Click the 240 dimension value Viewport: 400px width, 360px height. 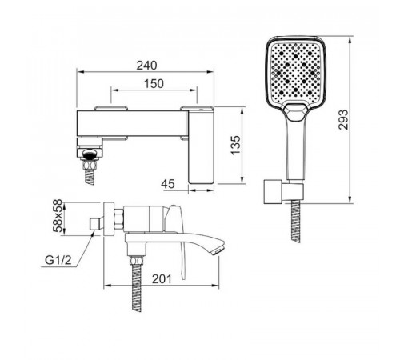tap(146, 66)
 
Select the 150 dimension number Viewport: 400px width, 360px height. tap(154, 84)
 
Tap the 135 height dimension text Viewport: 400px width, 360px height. tap(235, 145)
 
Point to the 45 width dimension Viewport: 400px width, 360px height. tap(168, 184)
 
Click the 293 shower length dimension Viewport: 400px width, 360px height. tap(343, 119)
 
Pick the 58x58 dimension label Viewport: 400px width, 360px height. tap(58, 215)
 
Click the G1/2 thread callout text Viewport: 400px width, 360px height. tap(58, 260)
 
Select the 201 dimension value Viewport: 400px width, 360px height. tap(162, 279)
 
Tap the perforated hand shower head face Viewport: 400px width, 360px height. tap(295, 72)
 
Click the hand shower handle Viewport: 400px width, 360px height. tap(295, 150)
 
